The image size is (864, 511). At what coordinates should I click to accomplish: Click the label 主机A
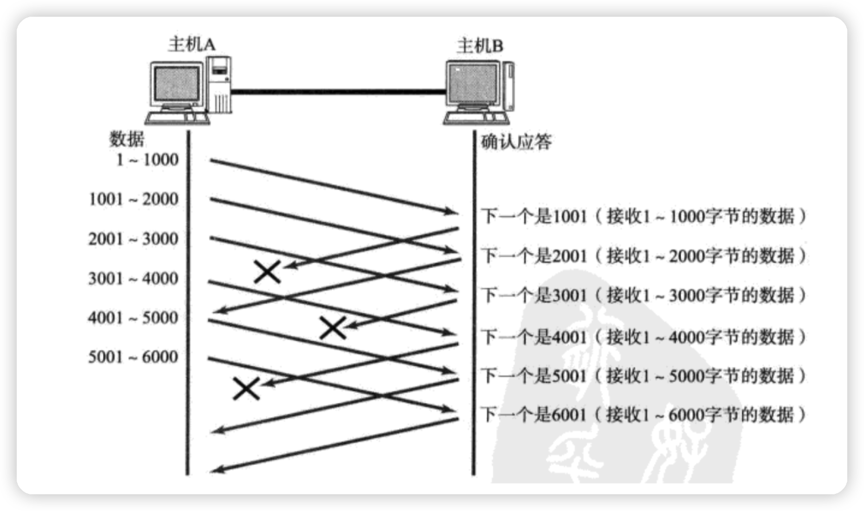tap(192, 45)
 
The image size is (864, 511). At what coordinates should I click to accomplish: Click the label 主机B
tap(480, 46)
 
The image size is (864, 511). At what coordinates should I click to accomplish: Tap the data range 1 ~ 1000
tap(147, 160)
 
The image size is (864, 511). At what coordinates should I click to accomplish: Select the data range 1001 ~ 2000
tap(134, 199)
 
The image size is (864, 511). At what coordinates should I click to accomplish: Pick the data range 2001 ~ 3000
tap(134, 239)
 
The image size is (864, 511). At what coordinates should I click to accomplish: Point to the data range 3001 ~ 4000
tap(134, 278)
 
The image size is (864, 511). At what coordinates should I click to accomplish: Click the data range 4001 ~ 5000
tap(134, 318)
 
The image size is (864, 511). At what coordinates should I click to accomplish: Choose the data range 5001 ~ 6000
tap(134, 357)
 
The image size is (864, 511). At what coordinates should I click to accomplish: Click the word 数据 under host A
tap(127, 139)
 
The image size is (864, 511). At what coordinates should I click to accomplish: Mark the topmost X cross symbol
tap(268, 272)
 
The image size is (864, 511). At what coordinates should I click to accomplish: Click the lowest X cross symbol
tap(246, 388)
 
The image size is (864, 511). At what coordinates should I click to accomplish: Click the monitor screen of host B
tap(473, 86)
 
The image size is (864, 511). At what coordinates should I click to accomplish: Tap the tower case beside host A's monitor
tap(219, 84)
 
